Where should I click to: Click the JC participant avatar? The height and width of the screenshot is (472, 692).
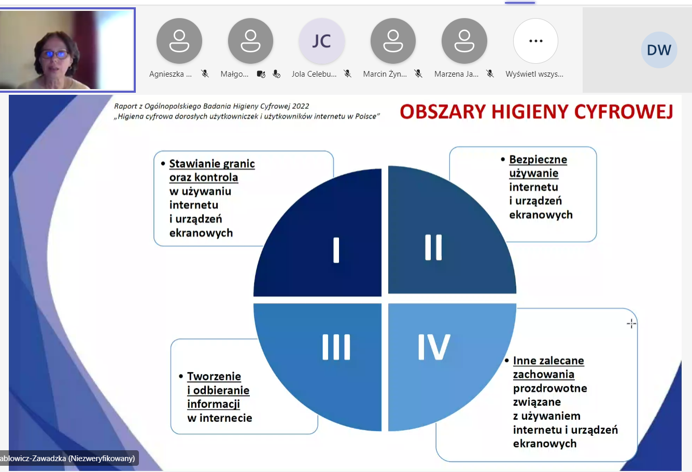tap(321, 41)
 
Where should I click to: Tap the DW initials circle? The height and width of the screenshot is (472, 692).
tap(659, 50)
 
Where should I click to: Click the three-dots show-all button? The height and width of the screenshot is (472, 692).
tap(535, 41)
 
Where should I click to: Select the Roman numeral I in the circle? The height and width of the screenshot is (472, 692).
tap(336, 250)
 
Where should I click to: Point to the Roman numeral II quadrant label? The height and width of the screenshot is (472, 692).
tap(433, 247)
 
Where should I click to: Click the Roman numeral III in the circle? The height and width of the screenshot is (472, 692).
tap(336, 347)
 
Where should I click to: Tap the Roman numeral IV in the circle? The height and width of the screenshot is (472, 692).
tap(434, 347)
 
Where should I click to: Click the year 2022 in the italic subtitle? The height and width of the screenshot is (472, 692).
tap(301, 106)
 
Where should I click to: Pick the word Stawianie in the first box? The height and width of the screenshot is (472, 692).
tap(194, 164)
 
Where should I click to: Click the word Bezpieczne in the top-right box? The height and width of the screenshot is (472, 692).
tap(538, 160)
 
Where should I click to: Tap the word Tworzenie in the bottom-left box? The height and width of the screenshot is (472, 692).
tap(214, 376)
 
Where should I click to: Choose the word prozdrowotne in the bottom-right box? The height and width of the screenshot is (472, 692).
tap(550, 389)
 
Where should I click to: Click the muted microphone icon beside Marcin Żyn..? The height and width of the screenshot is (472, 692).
tap(418, 74)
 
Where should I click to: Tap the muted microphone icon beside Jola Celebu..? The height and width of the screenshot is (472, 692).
tap(347, 74)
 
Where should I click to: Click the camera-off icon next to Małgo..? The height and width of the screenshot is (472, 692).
tap(261, 74)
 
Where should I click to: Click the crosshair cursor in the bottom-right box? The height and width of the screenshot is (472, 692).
tap(631, 323)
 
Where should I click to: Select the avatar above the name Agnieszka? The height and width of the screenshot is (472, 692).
tap(179, 41)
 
